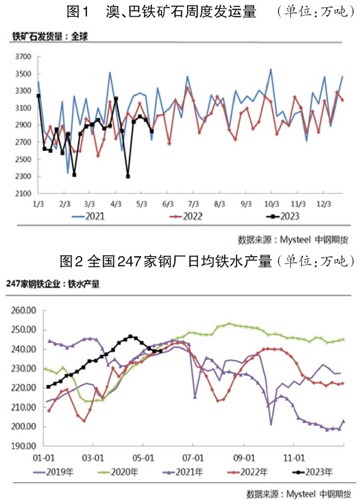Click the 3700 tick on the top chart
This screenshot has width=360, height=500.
pyautogui.click(x=23, y=57)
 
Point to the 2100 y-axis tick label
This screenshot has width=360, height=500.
pyautogui.click(x=23, y=194)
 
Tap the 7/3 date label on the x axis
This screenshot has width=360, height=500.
pyautogui.click(x=193, y=204)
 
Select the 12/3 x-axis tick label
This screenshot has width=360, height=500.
pyautogui.click(x=322, y=204)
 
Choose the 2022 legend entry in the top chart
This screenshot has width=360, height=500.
pyautogui.click(x=193, y=216)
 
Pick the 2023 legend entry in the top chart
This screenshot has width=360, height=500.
pyautogui.click(x=289, y=216)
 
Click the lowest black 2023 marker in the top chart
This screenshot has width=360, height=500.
pyautogui.click(x=128, y=176)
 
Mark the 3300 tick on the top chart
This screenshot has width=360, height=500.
pyautogui.click(x=23, y=91)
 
